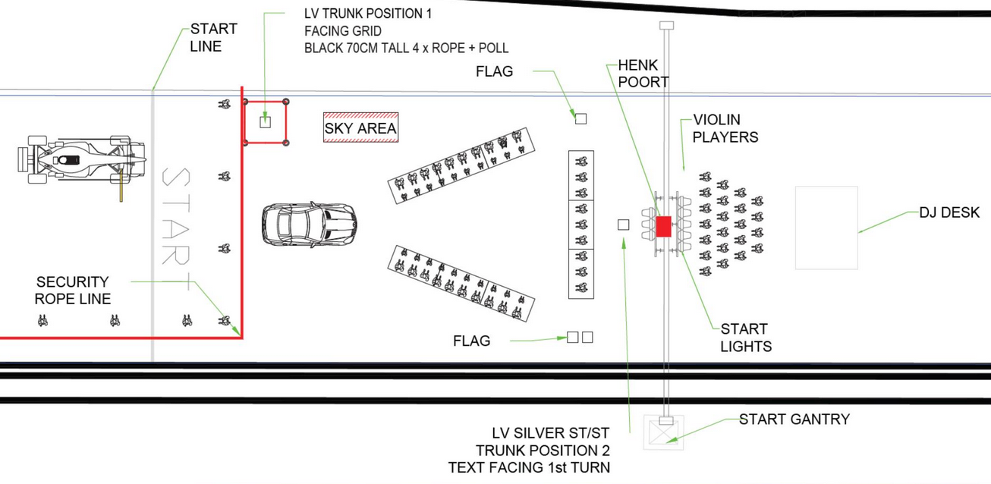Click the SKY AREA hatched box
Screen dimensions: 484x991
coord(360,128)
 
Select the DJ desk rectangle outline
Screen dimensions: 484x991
coord(826,228)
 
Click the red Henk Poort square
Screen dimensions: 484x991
coord(663,226)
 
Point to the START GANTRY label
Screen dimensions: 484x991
coord(794,420)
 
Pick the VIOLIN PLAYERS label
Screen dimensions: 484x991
coord(725,128)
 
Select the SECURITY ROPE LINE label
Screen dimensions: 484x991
coord(73,290)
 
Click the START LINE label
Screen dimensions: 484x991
coord(213,37)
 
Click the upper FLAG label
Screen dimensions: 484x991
coord(494,72)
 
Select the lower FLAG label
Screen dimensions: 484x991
coord(471,341)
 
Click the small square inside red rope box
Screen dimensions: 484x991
coord(265,121)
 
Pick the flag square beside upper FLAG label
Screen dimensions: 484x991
coord(580,118)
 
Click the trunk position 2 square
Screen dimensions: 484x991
coord(623,225)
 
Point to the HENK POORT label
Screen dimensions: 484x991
coord(643,74)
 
